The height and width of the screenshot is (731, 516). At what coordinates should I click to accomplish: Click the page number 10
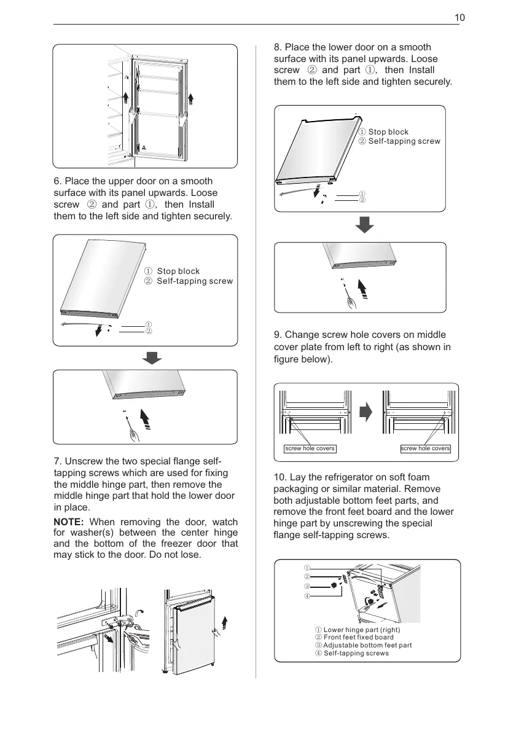[459, 18]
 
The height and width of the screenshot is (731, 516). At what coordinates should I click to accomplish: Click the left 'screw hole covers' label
[310, 448]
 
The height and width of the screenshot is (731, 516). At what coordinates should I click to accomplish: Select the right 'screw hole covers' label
[426, 448]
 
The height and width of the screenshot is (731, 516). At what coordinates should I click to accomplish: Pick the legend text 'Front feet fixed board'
[359, 638]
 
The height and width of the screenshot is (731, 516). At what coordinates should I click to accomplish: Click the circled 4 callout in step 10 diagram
[307, 596]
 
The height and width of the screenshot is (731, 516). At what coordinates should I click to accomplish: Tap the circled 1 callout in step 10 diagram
[307, 568]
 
